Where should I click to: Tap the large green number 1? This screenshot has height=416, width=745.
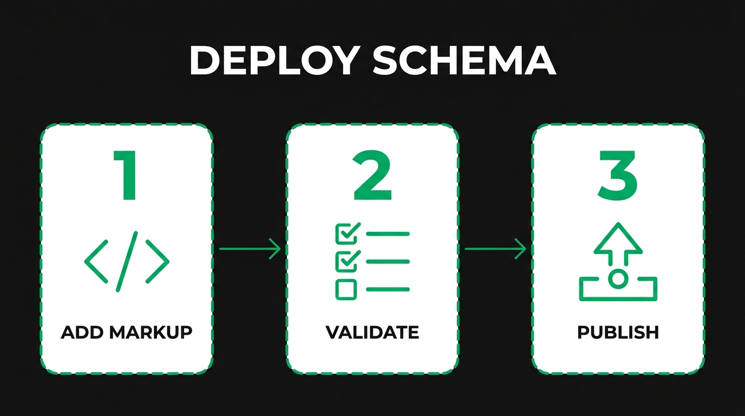tap(126, 175)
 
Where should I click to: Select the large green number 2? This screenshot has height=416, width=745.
tap(372, 175)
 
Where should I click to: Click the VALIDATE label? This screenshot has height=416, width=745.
tap(372, 332)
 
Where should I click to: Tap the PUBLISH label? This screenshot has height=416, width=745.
tap(618, 332)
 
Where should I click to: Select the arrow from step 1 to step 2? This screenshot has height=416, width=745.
tap(250, 249)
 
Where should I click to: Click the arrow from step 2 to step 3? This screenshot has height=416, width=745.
tap(495, 249)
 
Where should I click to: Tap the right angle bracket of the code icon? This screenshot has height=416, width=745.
tap(158, 261)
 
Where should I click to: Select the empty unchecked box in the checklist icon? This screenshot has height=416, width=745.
tap(346, 289)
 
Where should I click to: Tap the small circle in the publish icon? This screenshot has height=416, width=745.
tap(618, 279)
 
